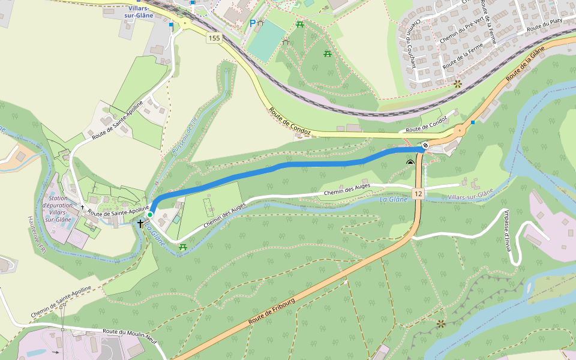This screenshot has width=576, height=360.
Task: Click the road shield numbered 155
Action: (x=214, y=38)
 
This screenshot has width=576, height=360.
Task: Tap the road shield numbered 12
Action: (x=418, y=194)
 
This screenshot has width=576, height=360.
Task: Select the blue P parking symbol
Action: (x=253, y=24)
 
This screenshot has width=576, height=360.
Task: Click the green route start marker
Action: (x=150, y=214)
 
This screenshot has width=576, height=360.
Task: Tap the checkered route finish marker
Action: (x=425, y=145)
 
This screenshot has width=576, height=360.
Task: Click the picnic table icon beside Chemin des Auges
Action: (x=182, y=247)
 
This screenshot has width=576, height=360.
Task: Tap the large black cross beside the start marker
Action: (x=140, y=223)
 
